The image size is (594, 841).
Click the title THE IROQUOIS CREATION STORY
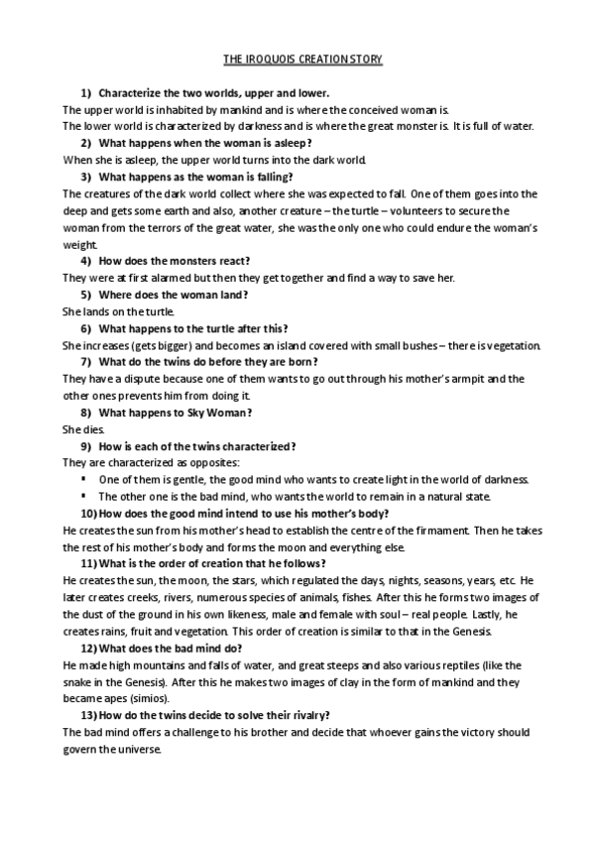click(x=297, y=60)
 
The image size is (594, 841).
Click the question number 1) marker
click(x=85, y=93)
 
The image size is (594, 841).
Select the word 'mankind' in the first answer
click(x=243, y=109)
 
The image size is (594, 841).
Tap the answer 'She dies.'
click(x=82, y=429)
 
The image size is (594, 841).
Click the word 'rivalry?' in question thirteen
click(x=306, y=715)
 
